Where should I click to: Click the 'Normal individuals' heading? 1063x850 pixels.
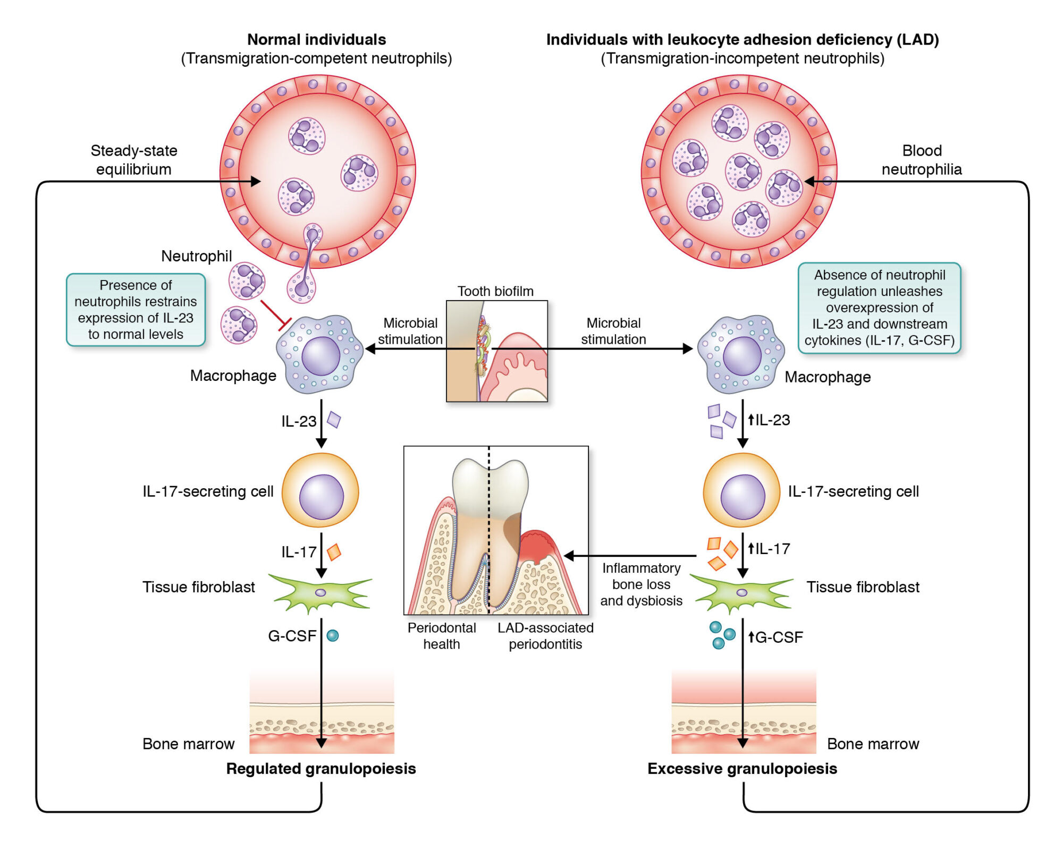point(317,39)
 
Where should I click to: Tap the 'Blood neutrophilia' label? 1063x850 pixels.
point(922,160)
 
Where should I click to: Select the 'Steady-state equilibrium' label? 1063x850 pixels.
point(134,160)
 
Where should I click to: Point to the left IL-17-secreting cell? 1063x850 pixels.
point(320,491)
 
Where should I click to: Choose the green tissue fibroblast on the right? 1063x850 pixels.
point(743,592)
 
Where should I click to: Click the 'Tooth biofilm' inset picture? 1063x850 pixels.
point(497,351)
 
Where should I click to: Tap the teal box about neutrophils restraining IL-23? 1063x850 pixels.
point(136,310)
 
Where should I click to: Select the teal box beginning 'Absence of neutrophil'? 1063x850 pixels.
point(880,308)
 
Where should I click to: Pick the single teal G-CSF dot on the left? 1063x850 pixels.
point(333,635)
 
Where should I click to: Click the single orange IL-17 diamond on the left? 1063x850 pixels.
point(334,552)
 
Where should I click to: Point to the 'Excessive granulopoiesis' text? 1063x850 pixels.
point(742,769)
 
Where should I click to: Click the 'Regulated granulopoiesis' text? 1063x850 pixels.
point(321,769)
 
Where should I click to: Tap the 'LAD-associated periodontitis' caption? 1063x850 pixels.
point(545,636)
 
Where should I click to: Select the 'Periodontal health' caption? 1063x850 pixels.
point(442,636)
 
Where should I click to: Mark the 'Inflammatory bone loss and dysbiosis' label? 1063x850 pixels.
point(642,584)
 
